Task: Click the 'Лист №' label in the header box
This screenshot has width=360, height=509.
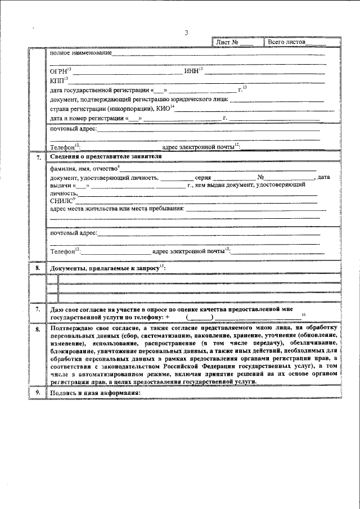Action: point(228,42)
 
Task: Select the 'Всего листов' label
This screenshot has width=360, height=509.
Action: point(286,42)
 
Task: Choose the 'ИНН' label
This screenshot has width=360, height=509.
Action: point(191,71)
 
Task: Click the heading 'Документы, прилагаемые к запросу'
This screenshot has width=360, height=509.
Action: point(106,269)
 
